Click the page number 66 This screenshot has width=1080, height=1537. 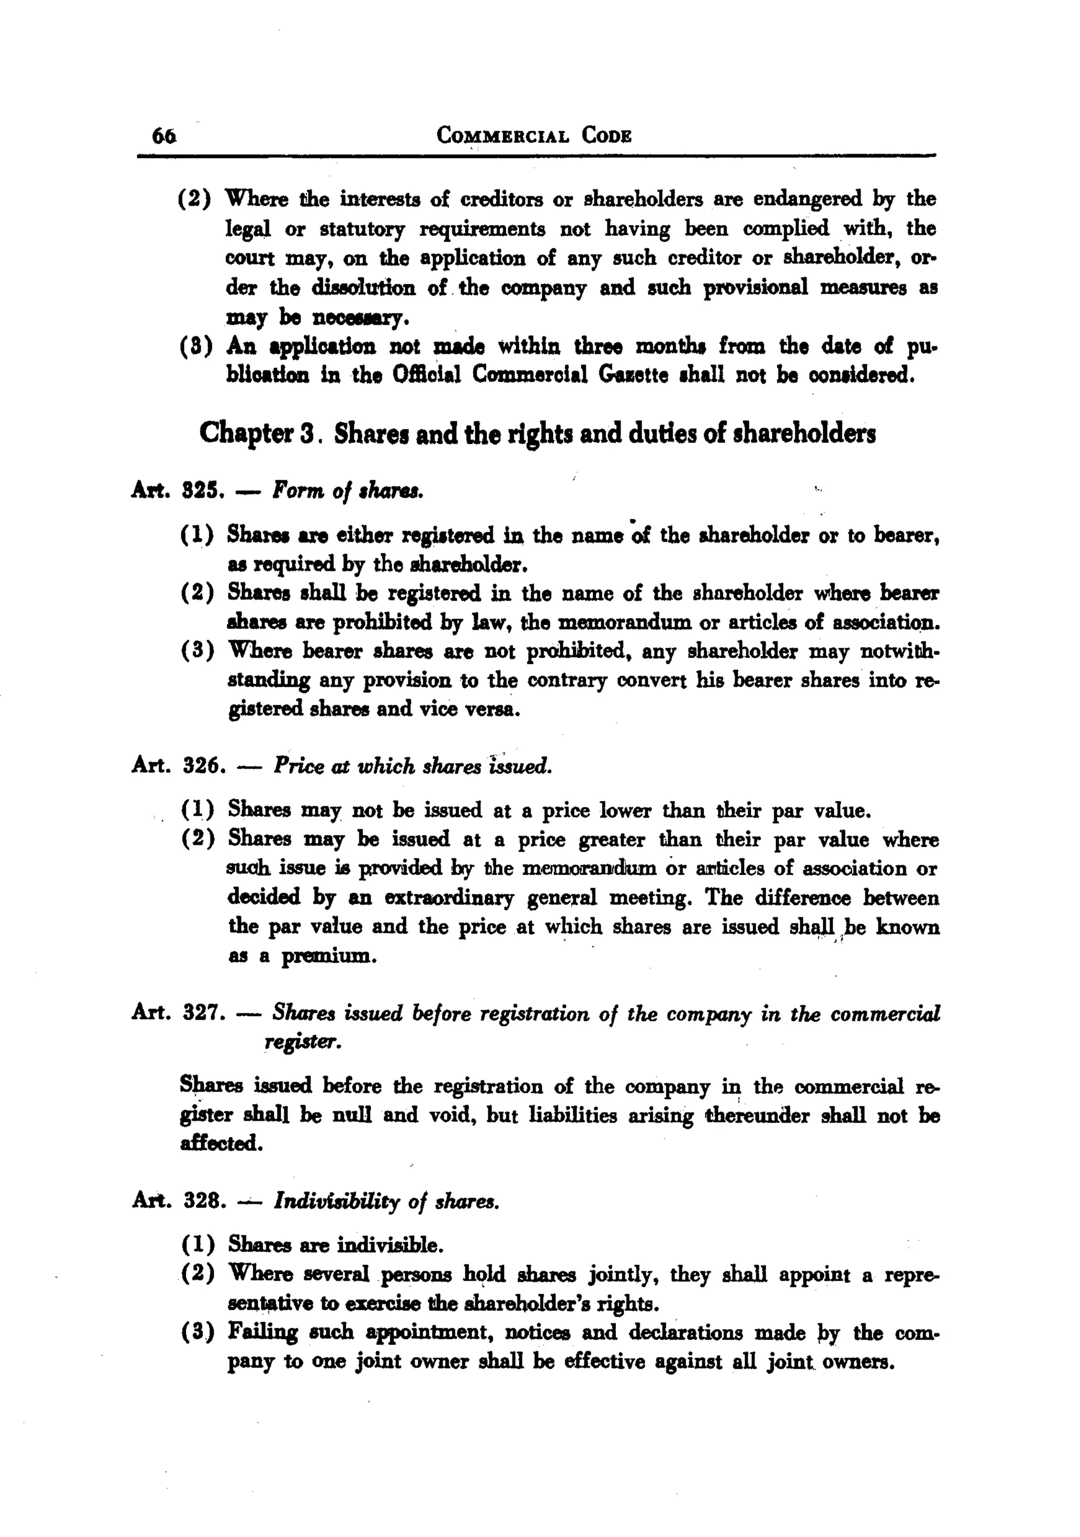click(x=164, y=136)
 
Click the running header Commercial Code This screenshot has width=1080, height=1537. click(x=534, y=136)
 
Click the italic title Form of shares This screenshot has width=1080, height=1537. click(x=348, y=492)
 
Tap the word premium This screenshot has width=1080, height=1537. click(x=329, y=956)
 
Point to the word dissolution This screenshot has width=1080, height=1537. click(x=363, y=288)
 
